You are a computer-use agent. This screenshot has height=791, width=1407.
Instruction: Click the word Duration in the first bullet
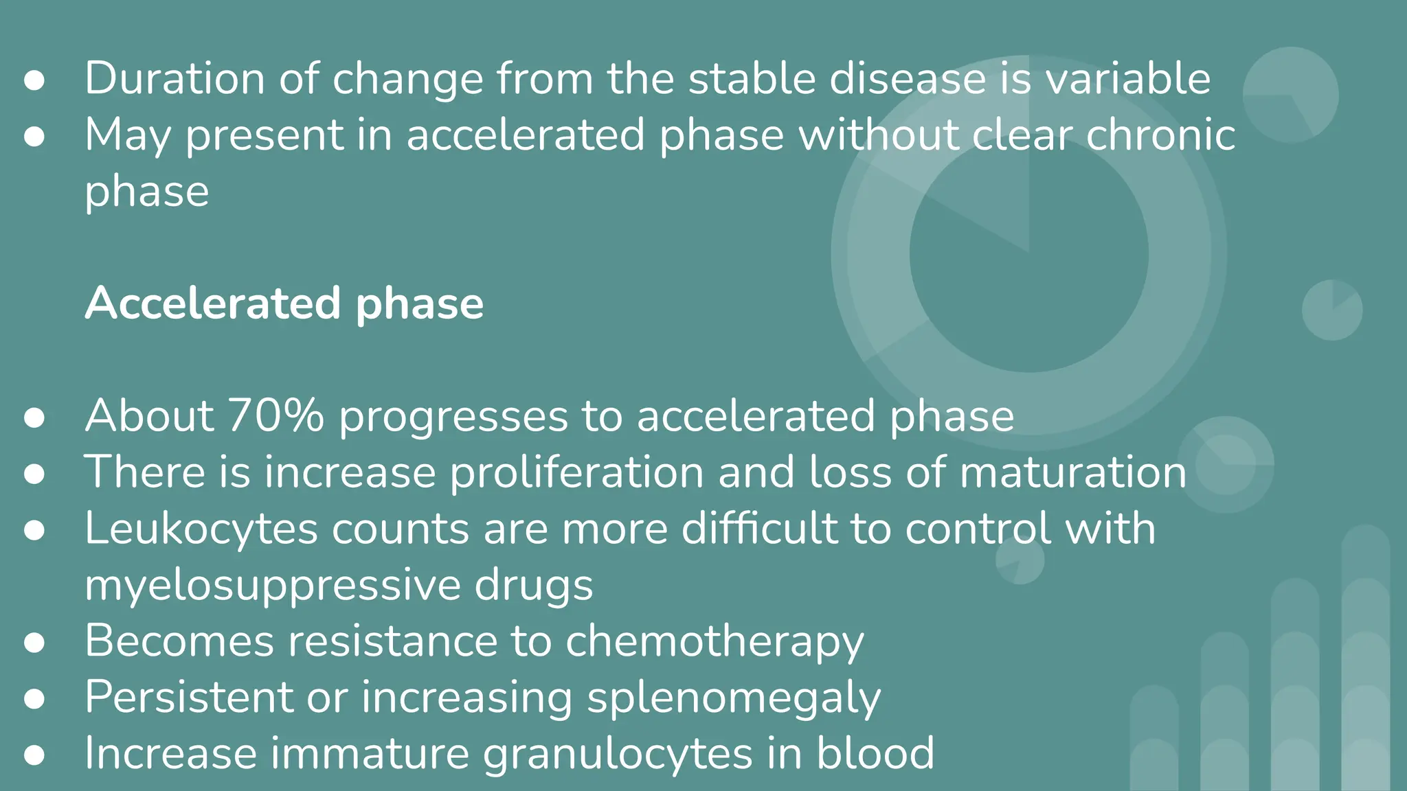click(x=175, y=78)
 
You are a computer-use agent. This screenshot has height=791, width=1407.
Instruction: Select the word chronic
click(x=1160, y=135)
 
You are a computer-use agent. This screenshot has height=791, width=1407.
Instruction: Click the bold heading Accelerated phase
click(x=284, y=303)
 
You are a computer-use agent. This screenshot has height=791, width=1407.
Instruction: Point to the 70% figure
click(x=275, y=416)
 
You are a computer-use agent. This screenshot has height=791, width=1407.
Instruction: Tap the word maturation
click(x=1072, y=472)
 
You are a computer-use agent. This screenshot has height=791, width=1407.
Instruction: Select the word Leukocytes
click(x=201, y=529)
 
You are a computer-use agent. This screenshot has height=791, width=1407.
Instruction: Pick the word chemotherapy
click(x=714, y=641)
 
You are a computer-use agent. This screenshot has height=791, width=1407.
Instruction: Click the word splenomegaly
click(x=734, y=698)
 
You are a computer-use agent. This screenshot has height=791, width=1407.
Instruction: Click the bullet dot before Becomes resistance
click(x=34, y=643)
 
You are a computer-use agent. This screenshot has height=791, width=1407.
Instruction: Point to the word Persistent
click(x=189, y=698)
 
